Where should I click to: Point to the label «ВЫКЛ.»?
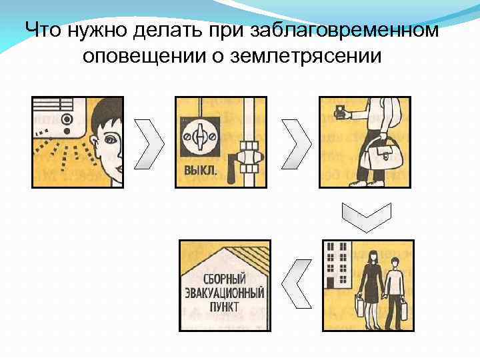tap(199, 171)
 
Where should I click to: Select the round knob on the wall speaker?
tap(67, 120)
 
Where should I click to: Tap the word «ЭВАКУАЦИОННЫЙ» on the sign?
tap(225, 293)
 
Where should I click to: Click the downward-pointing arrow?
tap(363, 215)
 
